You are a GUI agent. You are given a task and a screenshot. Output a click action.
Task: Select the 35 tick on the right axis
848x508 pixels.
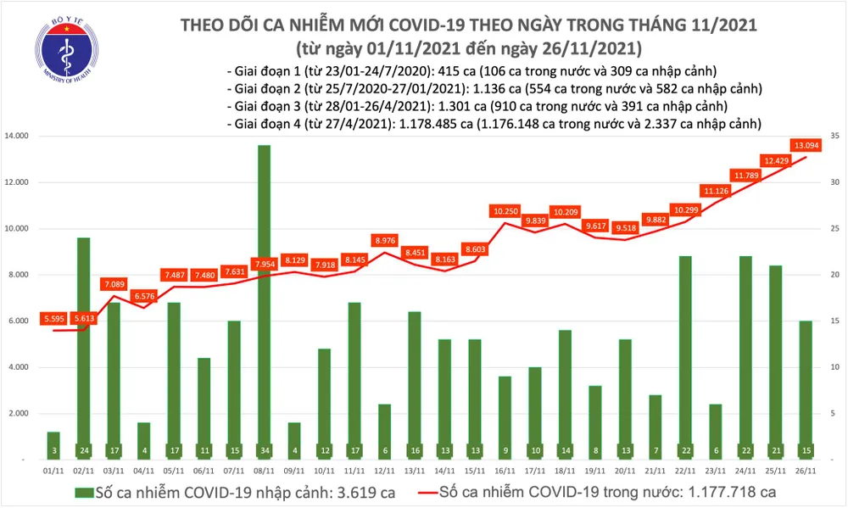[x=834, y=136]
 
